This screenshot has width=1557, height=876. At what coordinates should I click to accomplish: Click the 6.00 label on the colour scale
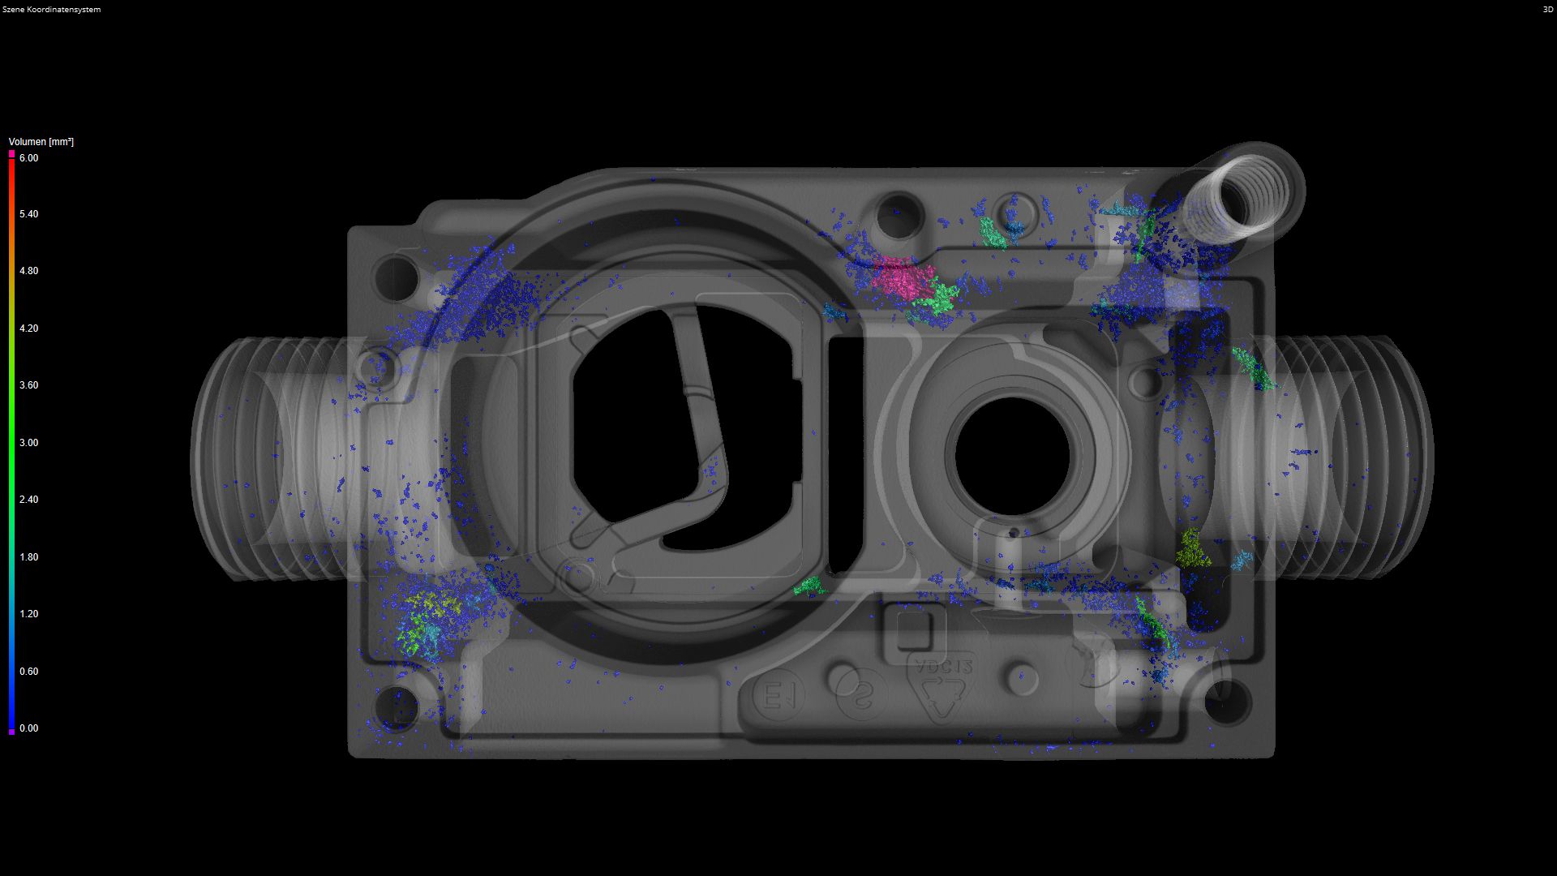click(x=28, y=158)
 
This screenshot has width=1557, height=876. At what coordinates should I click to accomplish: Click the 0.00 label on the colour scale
click(x=28, y=728)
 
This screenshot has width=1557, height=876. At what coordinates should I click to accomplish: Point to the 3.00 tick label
click(x=28, y=443)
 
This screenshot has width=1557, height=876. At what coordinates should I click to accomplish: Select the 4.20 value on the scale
click(x=28, y=328)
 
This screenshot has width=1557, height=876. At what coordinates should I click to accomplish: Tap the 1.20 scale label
click(x=28, y=614)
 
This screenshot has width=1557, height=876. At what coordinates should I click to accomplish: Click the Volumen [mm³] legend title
click(x=41, y=142)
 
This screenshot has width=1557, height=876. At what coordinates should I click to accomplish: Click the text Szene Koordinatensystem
click(x=51, y=10)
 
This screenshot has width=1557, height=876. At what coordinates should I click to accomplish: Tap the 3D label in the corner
click(x=1547, y=10)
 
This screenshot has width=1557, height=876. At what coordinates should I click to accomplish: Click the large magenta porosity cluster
click(x=902, y=278)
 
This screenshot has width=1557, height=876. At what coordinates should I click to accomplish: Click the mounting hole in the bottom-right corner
click(x=1226, y=702)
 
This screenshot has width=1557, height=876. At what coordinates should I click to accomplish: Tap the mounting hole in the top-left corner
click(x=395, y=277)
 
